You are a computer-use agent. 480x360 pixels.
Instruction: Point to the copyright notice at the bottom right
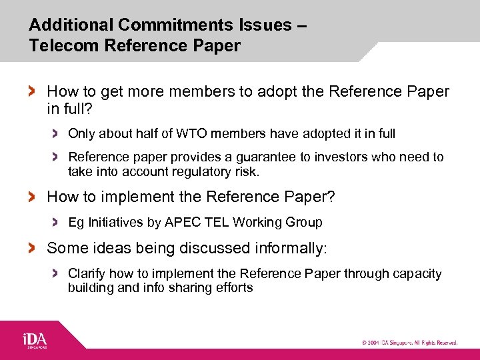click(409, 343)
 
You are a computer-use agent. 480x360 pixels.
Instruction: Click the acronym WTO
click(191, 133)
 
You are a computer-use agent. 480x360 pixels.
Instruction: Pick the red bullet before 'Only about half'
click(56, 133)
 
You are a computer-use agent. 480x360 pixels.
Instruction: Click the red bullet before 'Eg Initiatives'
click(56, 222)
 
